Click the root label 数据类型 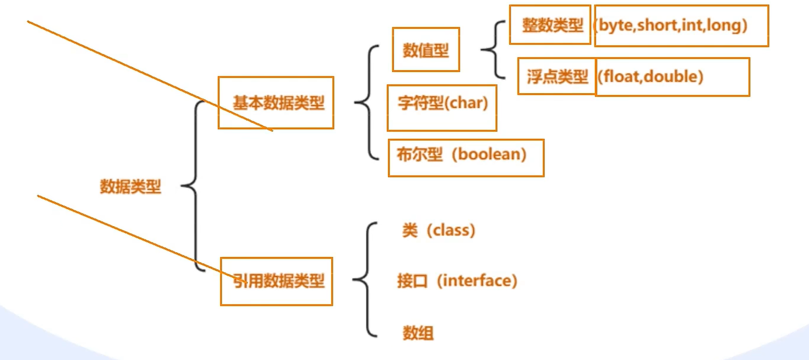130,187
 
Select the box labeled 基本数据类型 276,103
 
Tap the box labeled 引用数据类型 277,281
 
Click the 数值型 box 426,50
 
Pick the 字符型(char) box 442,108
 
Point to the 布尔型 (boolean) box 465,158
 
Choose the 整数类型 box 550,25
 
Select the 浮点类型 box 556,76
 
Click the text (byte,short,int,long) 672,25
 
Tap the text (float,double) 650,77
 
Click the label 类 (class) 438,231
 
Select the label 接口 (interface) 457,281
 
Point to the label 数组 418,333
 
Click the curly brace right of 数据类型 194,186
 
